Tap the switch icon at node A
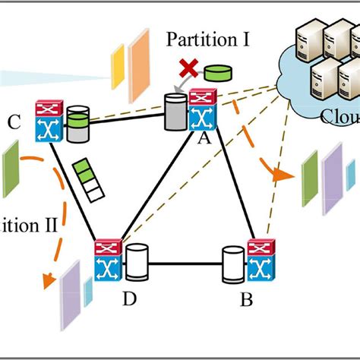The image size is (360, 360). click(x=201, y=109)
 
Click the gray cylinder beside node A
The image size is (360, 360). click(x=176, y=113)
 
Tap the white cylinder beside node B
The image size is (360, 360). click(x=232, y=264)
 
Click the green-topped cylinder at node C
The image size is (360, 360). click(x=77, y=125)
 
